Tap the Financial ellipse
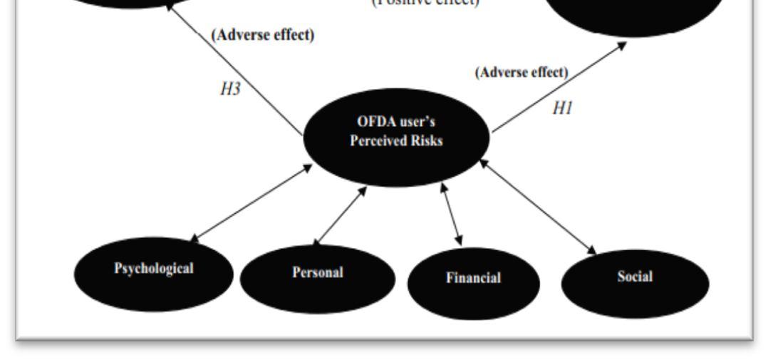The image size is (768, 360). click(x=473, y=279)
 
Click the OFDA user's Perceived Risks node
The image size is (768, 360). click(x=396, y=133)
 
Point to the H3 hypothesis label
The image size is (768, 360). click(x=229, y=91)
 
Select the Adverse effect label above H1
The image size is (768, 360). click(x=522, y=72)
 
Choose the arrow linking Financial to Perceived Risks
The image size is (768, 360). click(x=452, y=215)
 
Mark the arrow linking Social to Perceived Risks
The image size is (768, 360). click(x=538, y=207)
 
